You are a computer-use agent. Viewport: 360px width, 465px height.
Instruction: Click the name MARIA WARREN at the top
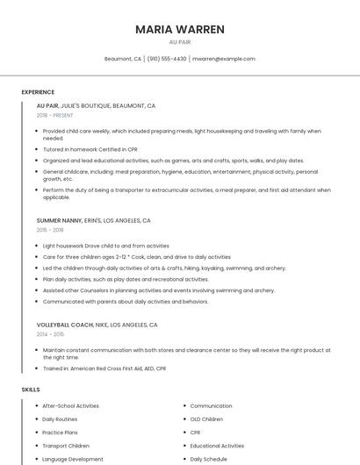(x=179, y=29)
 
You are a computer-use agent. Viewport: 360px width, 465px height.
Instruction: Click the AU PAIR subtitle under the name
(x=179, y=42)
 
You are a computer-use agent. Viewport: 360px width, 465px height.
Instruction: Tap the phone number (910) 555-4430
(x=166, y=59)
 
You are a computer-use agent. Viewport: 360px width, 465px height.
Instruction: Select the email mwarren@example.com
(x=223, y=59)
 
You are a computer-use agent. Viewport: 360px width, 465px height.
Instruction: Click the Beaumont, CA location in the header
(x=123, y=59)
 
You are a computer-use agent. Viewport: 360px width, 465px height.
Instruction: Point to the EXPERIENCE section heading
(x=38, y=92)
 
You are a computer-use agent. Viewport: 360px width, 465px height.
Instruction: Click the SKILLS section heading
(x=31, y=389)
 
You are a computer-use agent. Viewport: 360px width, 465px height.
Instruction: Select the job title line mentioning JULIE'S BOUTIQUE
(x=96, y=105)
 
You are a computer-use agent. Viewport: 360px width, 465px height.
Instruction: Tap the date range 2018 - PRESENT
(x=56, y=116)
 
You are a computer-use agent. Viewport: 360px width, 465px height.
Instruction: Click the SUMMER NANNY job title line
(x=93, y=221)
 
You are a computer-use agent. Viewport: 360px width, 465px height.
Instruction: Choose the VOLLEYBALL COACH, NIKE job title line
(x=97, y=325)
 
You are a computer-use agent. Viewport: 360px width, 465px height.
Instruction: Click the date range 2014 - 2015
(x=50, y=334)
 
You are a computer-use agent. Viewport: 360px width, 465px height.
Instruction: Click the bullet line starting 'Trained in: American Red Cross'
(x=104, y=368)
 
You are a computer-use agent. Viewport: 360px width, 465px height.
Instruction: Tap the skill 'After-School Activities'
(x=70, y=406)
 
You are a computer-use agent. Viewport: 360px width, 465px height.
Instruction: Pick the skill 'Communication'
(x=211, y=406)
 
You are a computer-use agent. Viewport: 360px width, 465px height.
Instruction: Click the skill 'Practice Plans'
(x=60, y=433)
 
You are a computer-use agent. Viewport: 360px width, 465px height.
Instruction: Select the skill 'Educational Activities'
(x=217, y=446)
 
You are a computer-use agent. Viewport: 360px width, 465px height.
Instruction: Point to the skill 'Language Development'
(x=73, y=459)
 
